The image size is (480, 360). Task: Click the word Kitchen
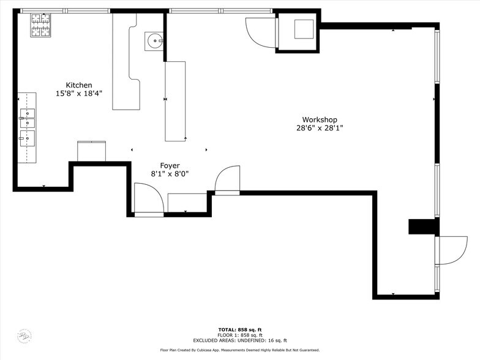coord(79,85)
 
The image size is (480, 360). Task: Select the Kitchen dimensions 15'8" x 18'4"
coord(79,94)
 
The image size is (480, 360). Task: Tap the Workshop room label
coord(319,119)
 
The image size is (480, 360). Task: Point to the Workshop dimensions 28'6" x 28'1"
coord(319,128)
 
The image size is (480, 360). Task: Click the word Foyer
coord(170,165)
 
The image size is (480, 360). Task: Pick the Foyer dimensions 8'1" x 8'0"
coord(170,174)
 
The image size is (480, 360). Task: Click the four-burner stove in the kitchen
coord(40,25)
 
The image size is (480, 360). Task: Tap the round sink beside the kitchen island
coord(154,42)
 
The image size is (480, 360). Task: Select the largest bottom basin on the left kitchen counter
coord(28,138)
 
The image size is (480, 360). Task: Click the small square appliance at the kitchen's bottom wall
coord(92,151)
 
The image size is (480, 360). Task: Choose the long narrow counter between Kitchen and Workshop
coord(175,101)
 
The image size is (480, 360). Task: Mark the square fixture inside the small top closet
coord(304,29)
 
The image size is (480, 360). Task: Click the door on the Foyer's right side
coord(228,180)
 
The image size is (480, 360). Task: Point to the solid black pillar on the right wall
coord(423,227)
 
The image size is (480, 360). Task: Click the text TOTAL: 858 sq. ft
coord(240,329)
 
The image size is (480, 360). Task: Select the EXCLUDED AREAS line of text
coord(240,340)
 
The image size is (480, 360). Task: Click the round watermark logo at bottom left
coord(23,336)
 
